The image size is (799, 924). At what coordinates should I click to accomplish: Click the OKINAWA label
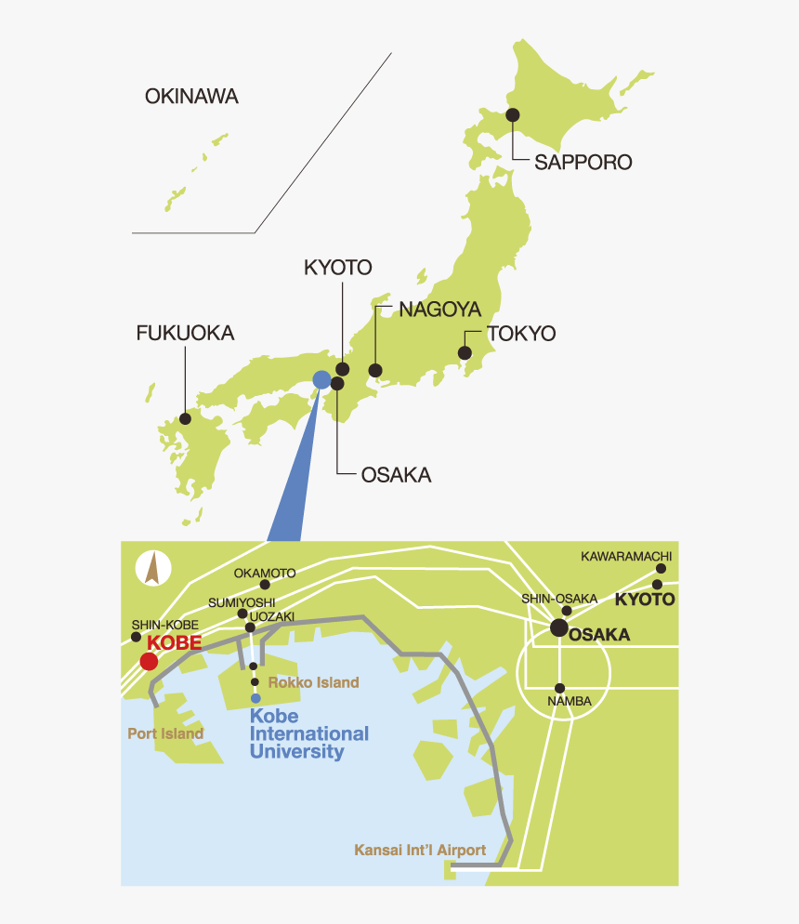pos(191,96)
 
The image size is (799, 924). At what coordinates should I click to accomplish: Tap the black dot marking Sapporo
pos(512,114)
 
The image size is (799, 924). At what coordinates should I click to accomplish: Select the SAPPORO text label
pos(583,163)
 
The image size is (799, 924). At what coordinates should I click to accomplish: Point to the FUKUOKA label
pos(185,333)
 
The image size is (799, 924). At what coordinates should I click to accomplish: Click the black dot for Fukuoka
pos(186,418)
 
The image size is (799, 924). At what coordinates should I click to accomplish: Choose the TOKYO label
pos(520,334)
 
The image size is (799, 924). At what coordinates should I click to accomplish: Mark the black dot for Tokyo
pos(465,353)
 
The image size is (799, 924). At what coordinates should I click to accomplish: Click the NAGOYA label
pos(439,310)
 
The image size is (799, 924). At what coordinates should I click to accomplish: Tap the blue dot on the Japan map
pos(321,379)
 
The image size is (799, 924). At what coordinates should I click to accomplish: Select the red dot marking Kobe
pos(148,661)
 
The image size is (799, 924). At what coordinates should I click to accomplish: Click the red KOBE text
pos(175,642)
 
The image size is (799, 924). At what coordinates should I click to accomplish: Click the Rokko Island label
pos(312,682)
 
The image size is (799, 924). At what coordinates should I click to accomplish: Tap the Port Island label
pos(165,733)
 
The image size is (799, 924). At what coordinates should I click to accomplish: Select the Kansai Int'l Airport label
pos(420,850)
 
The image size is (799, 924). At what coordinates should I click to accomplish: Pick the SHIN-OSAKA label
pos(559,599)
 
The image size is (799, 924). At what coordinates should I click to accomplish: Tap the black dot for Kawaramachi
pos(661,569)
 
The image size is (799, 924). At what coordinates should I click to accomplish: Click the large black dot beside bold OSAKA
pos(559,628)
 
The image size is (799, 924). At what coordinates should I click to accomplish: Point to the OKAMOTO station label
pos(265,573)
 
